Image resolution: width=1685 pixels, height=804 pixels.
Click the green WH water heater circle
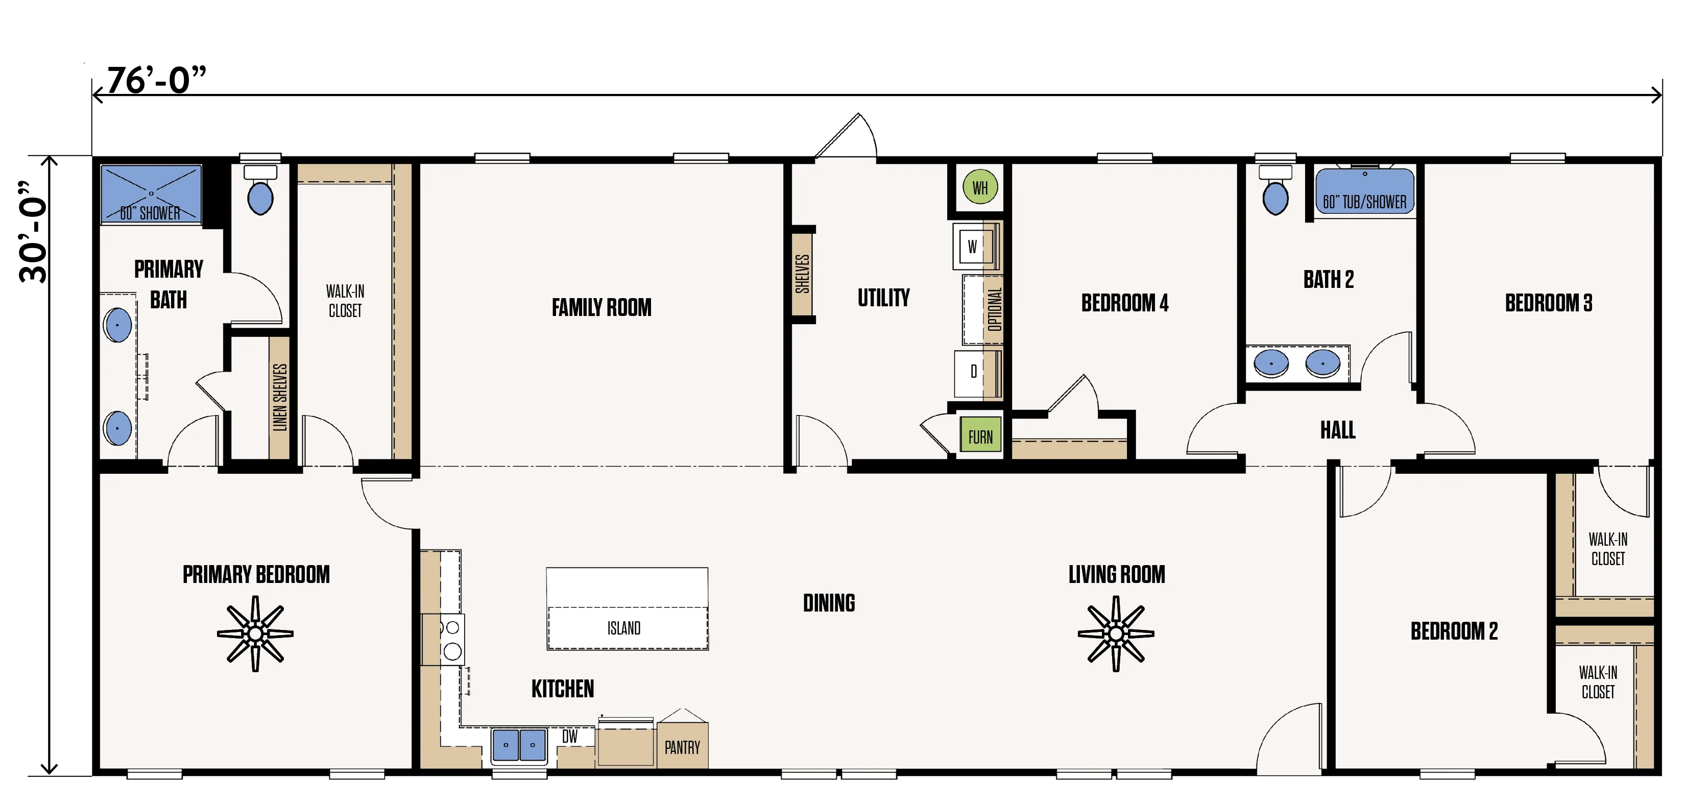[980, 187]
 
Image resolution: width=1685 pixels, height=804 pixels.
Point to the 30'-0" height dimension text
[33, 232]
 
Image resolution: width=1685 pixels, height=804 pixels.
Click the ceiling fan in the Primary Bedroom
[255, 634]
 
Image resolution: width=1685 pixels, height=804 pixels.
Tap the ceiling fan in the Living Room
[1116, 634]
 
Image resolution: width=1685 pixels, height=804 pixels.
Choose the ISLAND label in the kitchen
[624, 628]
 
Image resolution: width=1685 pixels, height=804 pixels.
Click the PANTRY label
[682, 747]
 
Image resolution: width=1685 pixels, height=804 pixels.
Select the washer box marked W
[973, 247]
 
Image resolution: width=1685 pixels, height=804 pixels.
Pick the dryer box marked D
[973, 372]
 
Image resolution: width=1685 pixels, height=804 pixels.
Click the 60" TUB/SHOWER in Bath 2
[1364, 191]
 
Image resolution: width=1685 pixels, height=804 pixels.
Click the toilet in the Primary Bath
[260, 190]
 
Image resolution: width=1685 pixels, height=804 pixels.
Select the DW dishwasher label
[570, 737]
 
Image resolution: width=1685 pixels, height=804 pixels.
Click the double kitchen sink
[519, 745]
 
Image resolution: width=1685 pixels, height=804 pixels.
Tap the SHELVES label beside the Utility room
[802, 274]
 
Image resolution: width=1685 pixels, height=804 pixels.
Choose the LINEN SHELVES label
[279, 397]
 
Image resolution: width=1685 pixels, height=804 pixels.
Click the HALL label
[1338, 430]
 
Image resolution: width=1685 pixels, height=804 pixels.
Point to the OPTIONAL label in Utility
[994, 309]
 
